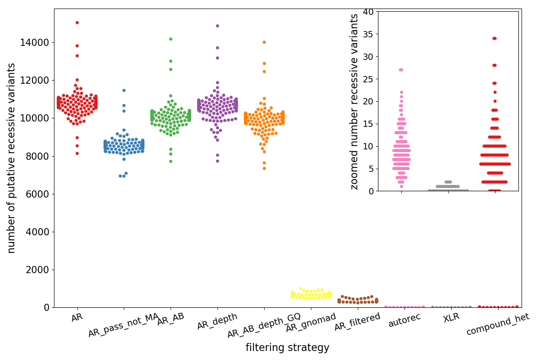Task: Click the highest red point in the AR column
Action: (x=77, y=22)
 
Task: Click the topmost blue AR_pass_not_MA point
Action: (x=124, y=90)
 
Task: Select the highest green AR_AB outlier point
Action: (x=171, y=39)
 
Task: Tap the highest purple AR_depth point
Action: (x=217, y=26)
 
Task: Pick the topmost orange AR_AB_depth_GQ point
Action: (x=264, y=42)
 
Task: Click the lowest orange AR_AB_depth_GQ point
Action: (x=264, y=168)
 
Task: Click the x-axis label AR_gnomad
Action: (x=311, y=323)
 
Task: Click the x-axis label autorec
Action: (x=404, y=320)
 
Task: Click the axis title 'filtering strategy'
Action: (x=288, y=348)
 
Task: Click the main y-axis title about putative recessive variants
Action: (x=12, y=158)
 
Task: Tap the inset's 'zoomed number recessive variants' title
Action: (x=355, y=101)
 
